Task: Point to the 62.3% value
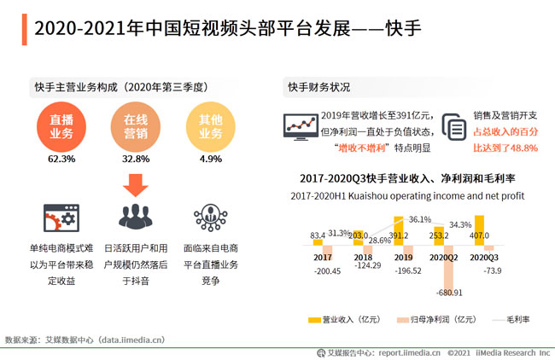(61, 159)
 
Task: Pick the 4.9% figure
(210, 159)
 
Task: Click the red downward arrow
(134, 183)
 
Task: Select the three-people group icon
(134, 217)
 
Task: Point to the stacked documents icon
(453, 128)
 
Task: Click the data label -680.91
(447, 293)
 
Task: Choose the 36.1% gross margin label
(420, 219)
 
